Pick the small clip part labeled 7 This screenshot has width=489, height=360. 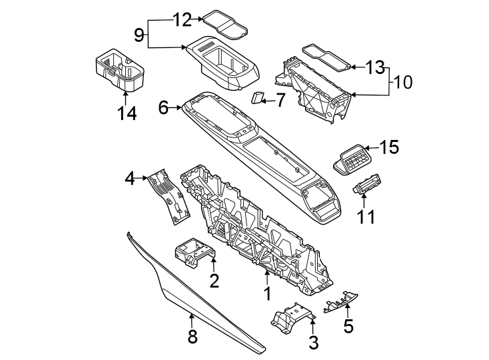pos(256,99)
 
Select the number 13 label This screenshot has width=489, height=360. pos(375,67)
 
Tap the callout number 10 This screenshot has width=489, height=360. pos(403,83)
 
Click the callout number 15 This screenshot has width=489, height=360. pos(389,148)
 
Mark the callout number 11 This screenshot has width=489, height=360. pos(366,217)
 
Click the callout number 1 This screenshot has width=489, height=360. pos(266,294)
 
